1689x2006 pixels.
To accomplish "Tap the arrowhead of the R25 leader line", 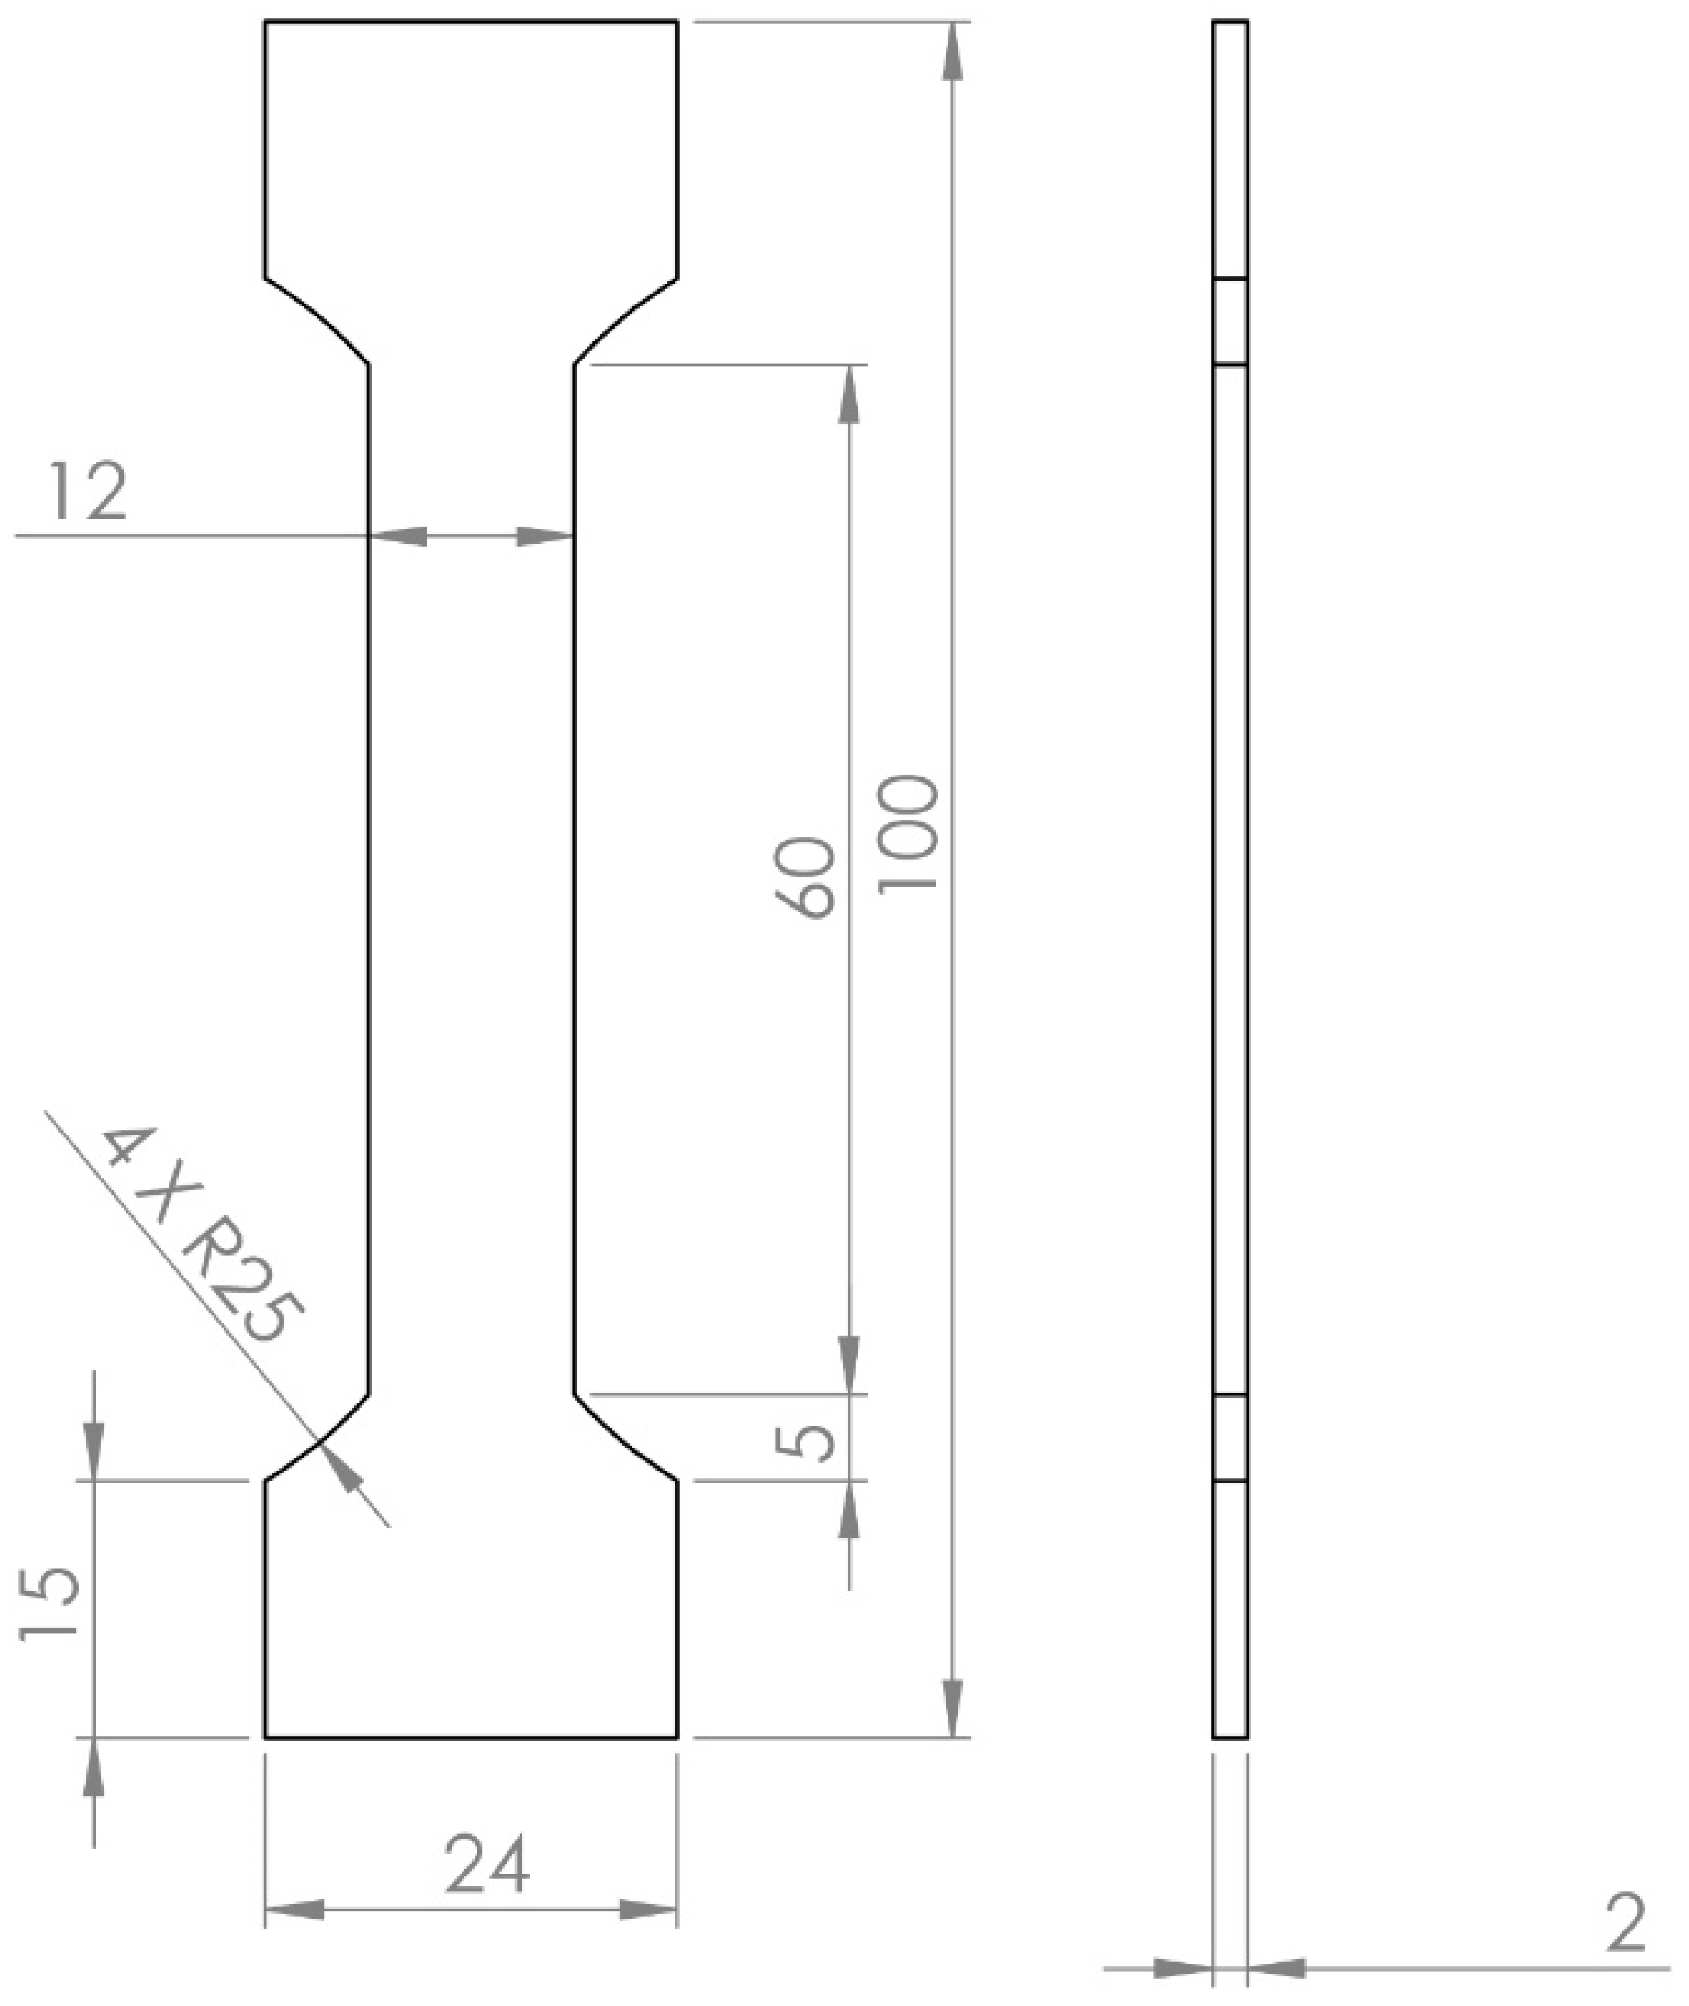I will pos(342,1469).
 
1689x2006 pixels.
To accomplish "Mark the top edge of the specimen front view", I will pos(471,20).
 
